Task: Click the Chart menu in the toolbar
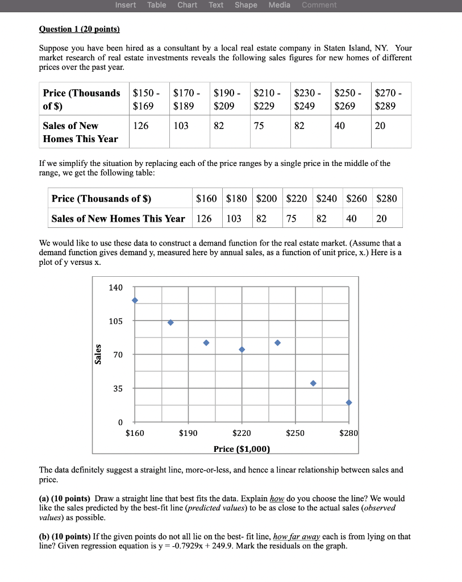187,5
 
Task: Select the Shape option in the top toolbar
245,5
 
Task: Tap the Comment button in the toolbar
319,5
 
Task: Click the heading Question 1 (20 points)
80,29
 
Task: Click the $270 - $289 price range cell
389,99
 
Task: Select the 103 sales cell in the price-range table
181,126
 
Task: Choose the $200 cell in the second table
267,199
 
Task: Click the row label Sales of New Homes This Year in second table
118,219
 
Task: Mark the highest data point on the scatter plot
135,300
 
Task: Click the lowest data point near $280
349,402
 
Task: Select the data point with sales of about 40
313,383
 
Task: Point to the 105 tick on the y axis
115,321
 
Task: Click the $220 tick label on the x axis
242,433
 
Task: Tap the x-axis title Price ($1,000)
242,449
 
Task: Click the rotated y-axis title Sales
98,354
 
